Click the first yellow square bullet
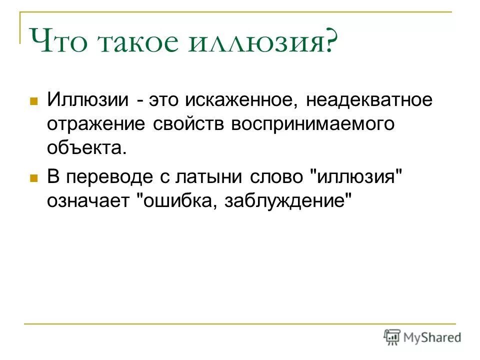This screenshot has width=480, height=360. [34, 101]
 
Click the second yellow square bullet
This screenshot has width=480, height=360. [34, 178]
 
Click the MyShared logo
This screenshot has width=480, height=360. [422, 337]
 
